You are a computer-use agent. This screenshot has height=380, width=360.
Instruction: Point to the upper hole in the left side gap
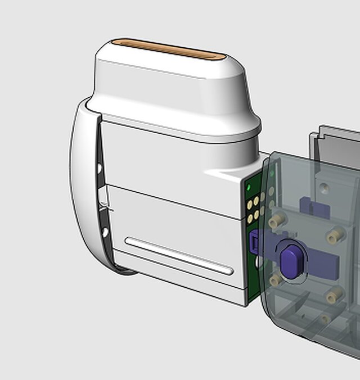tap(100, 168)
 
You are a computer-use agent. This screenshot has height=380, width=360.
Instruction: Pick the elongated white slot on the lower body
tap(179, 256)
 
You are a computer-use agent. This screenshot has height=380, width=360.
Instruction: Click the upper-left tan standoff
tap(276, 222)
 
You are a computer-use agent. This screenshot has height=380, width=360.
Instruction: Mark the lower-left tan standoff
tap(275, 280)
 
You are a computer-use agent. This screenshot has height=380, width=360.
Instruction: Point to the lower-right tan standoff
tap(335, 294)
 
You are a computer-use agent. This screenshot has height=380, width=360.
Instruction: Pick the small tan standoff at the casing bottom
tap(324, 319)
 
